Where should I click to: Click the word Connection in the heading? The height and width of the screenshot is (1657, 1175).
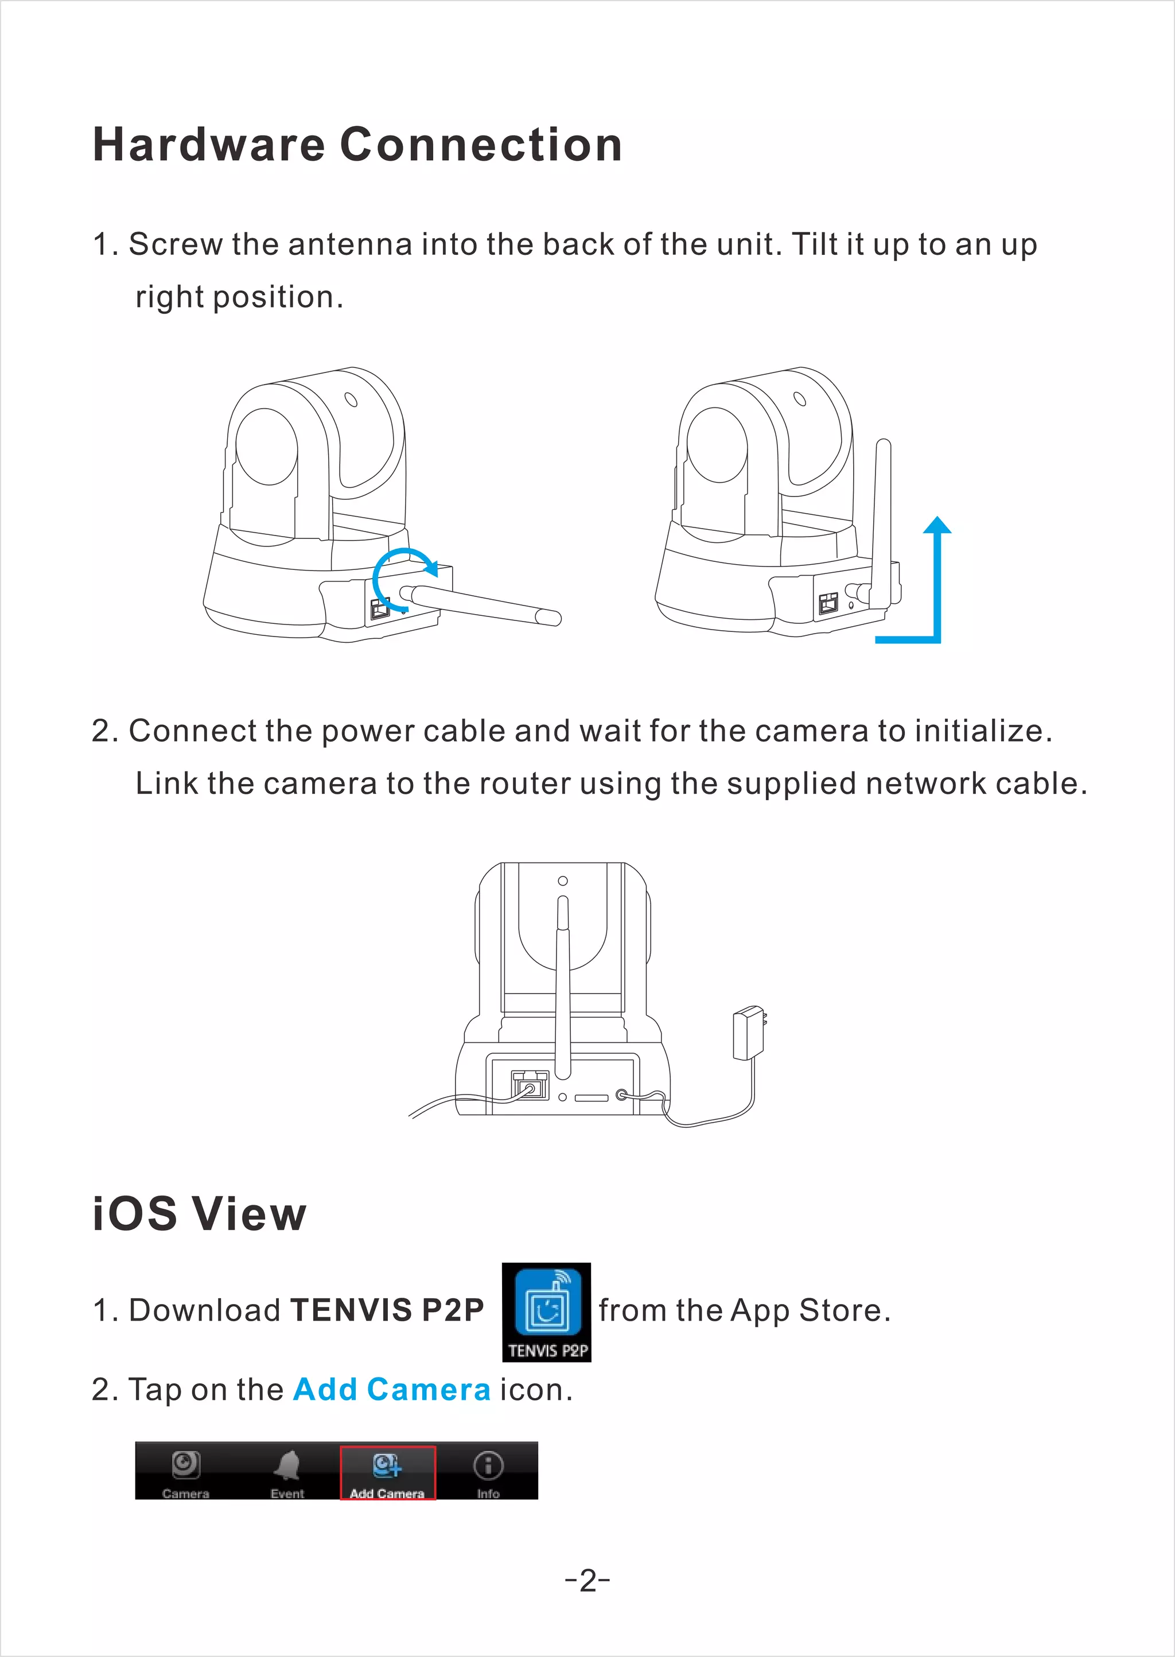coord(481,145)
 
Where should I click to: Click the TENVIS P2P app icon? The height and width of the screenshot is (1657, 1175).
coord(546,1311)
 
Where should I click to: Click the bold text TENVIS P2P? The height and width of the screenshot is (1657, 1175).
coord(387,1310)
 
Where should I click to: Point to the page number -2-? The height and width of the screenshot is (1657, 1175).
coord(587,1581)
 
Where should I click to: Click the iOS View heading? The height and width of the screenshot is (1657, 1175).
coord(200,1213)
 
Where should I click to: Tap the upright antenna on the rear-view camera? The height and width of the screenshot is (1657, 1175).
coord(562,984)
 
